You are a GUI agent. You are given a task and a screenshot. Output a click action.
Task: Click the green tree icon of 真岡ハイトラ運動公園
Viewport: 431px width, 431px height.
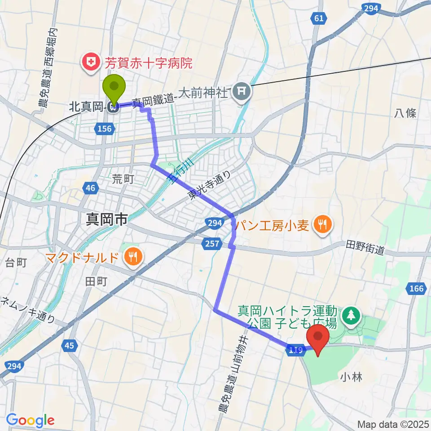click(351, 316)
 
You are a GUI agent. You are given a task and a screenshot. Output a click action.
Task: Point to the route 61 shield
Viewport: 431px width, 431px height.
click(317, 18)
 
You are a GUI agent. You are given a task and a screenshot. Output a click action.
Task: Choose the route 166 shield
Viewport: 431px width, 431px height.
click(416, 288)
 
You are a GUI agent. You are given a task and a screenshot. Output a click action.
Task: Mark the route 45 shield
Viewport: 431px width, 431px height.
click(69, 345)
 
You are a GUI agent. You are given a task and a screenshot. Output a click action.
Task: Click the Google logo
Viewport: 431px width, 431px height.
click(30, 420)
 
